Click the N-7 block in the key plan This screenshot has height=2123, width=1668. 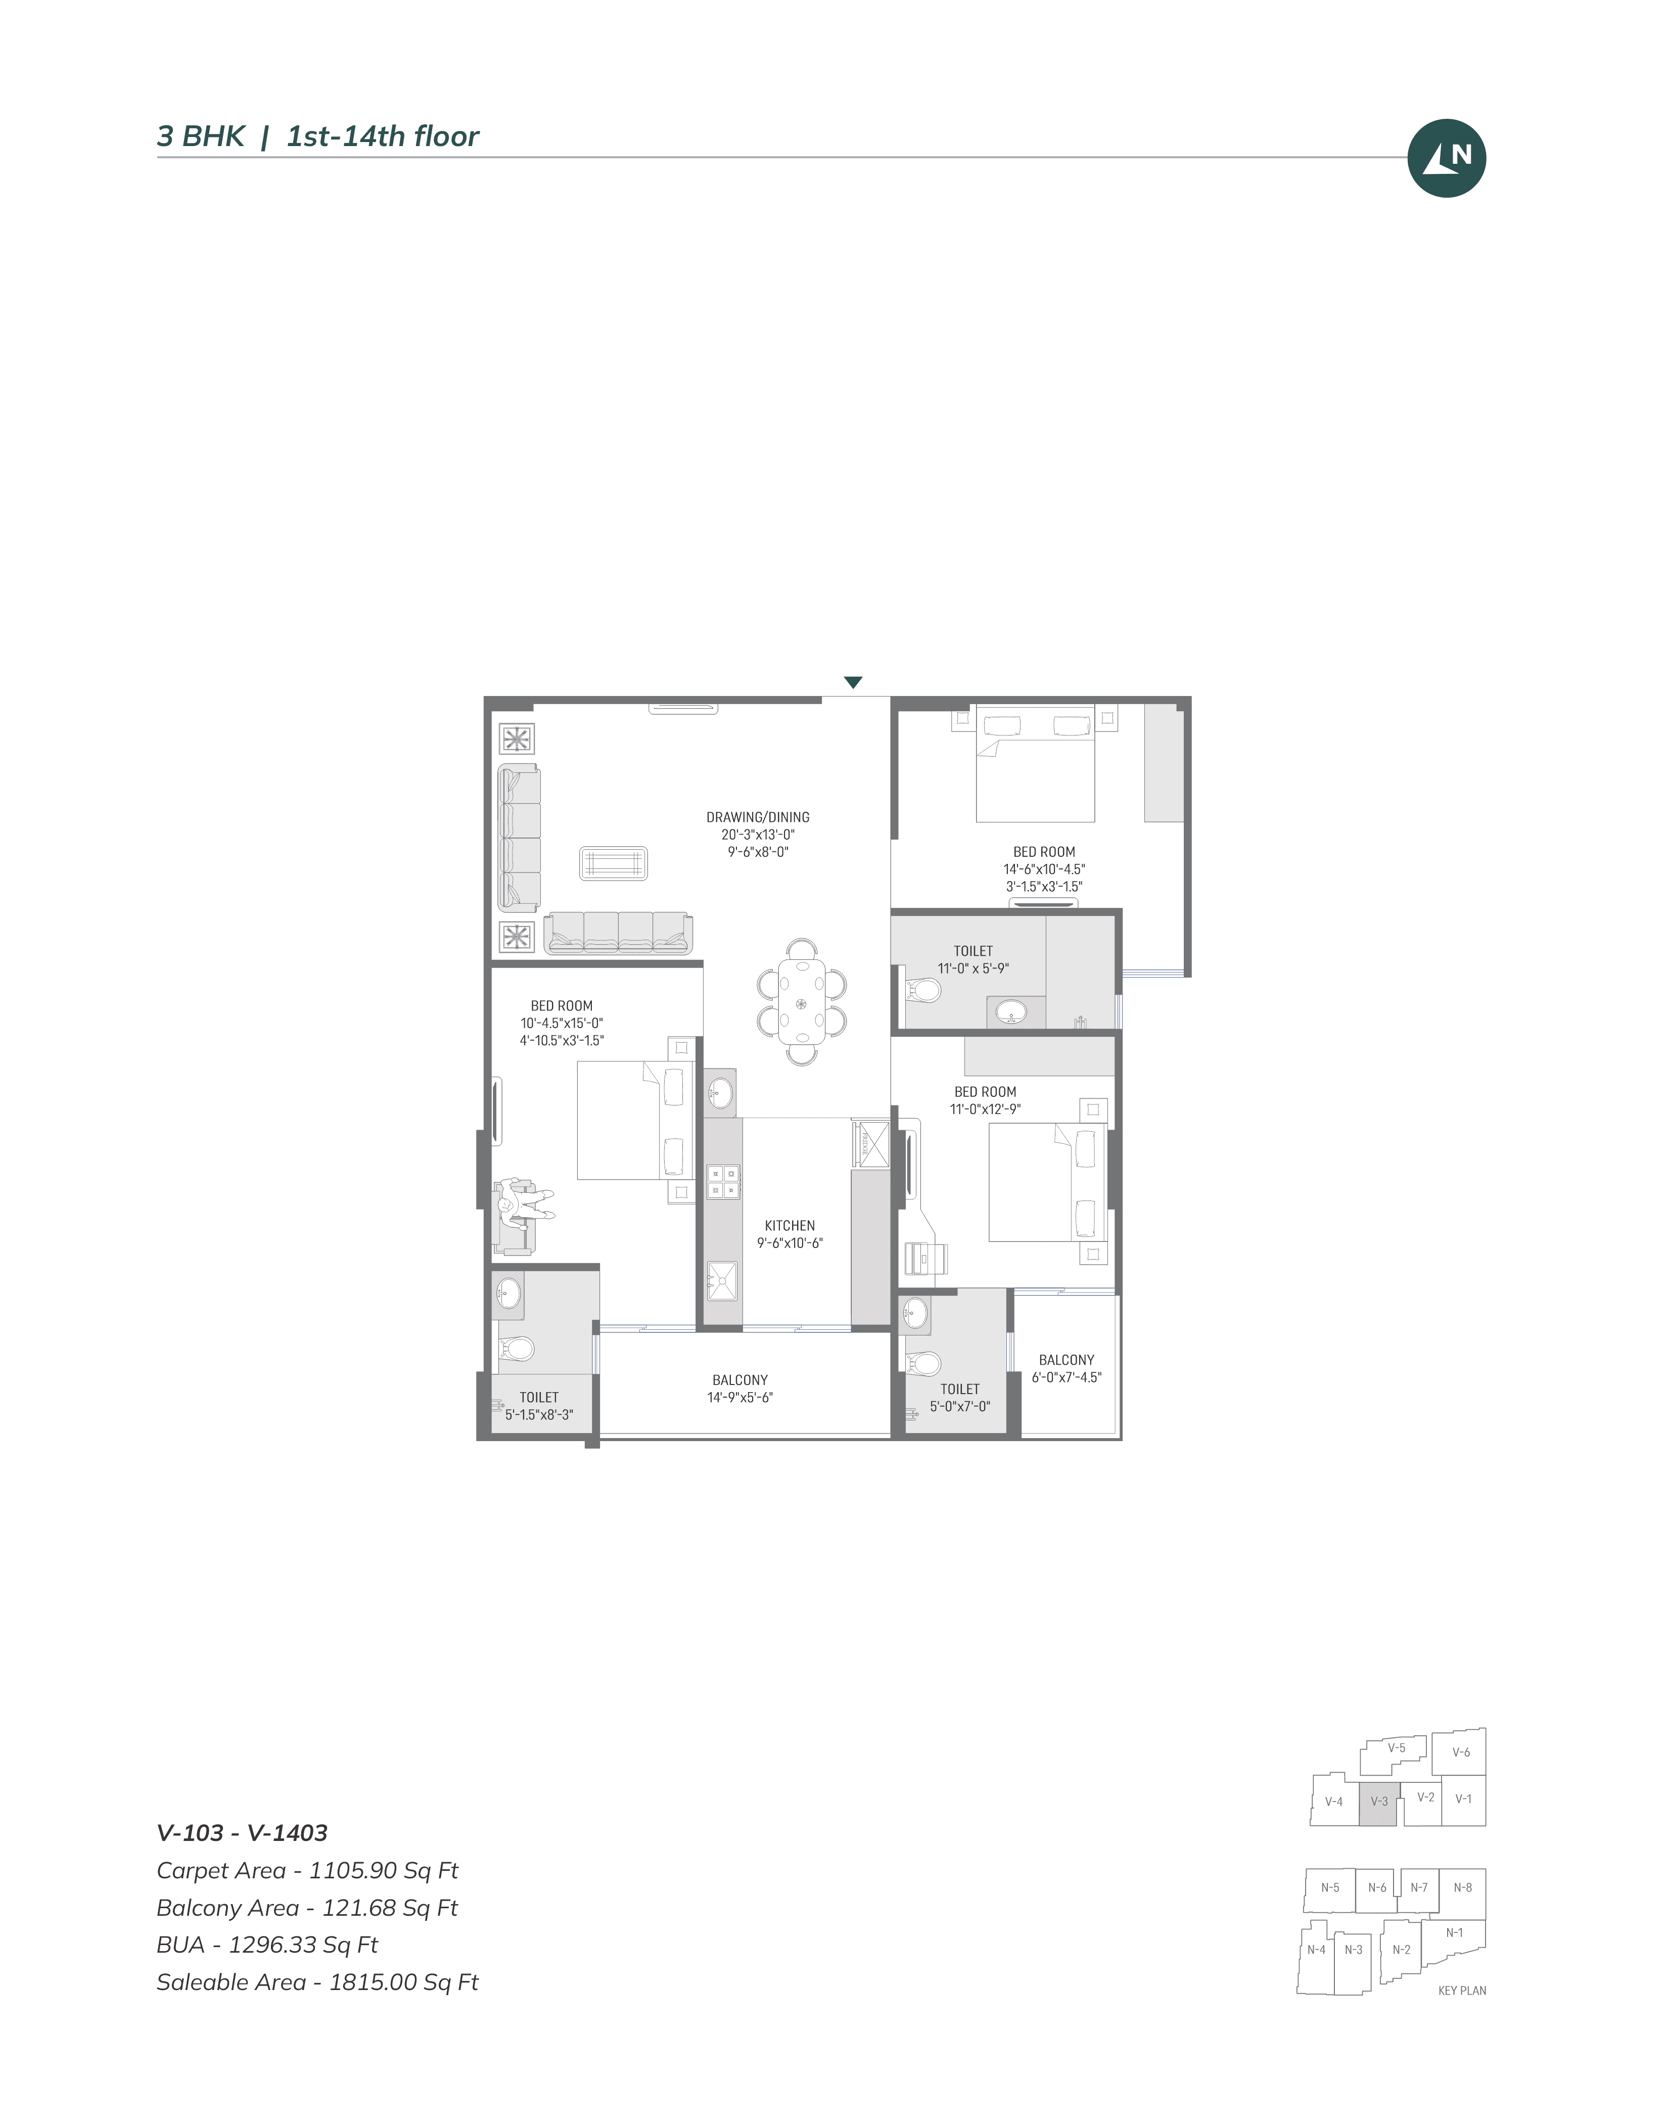coord(1419,1887)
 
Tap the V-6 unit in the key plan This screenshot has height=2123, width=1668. coord(1460,1752)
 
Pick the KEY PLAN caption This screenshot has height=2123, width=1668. coord(1462,1990)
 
